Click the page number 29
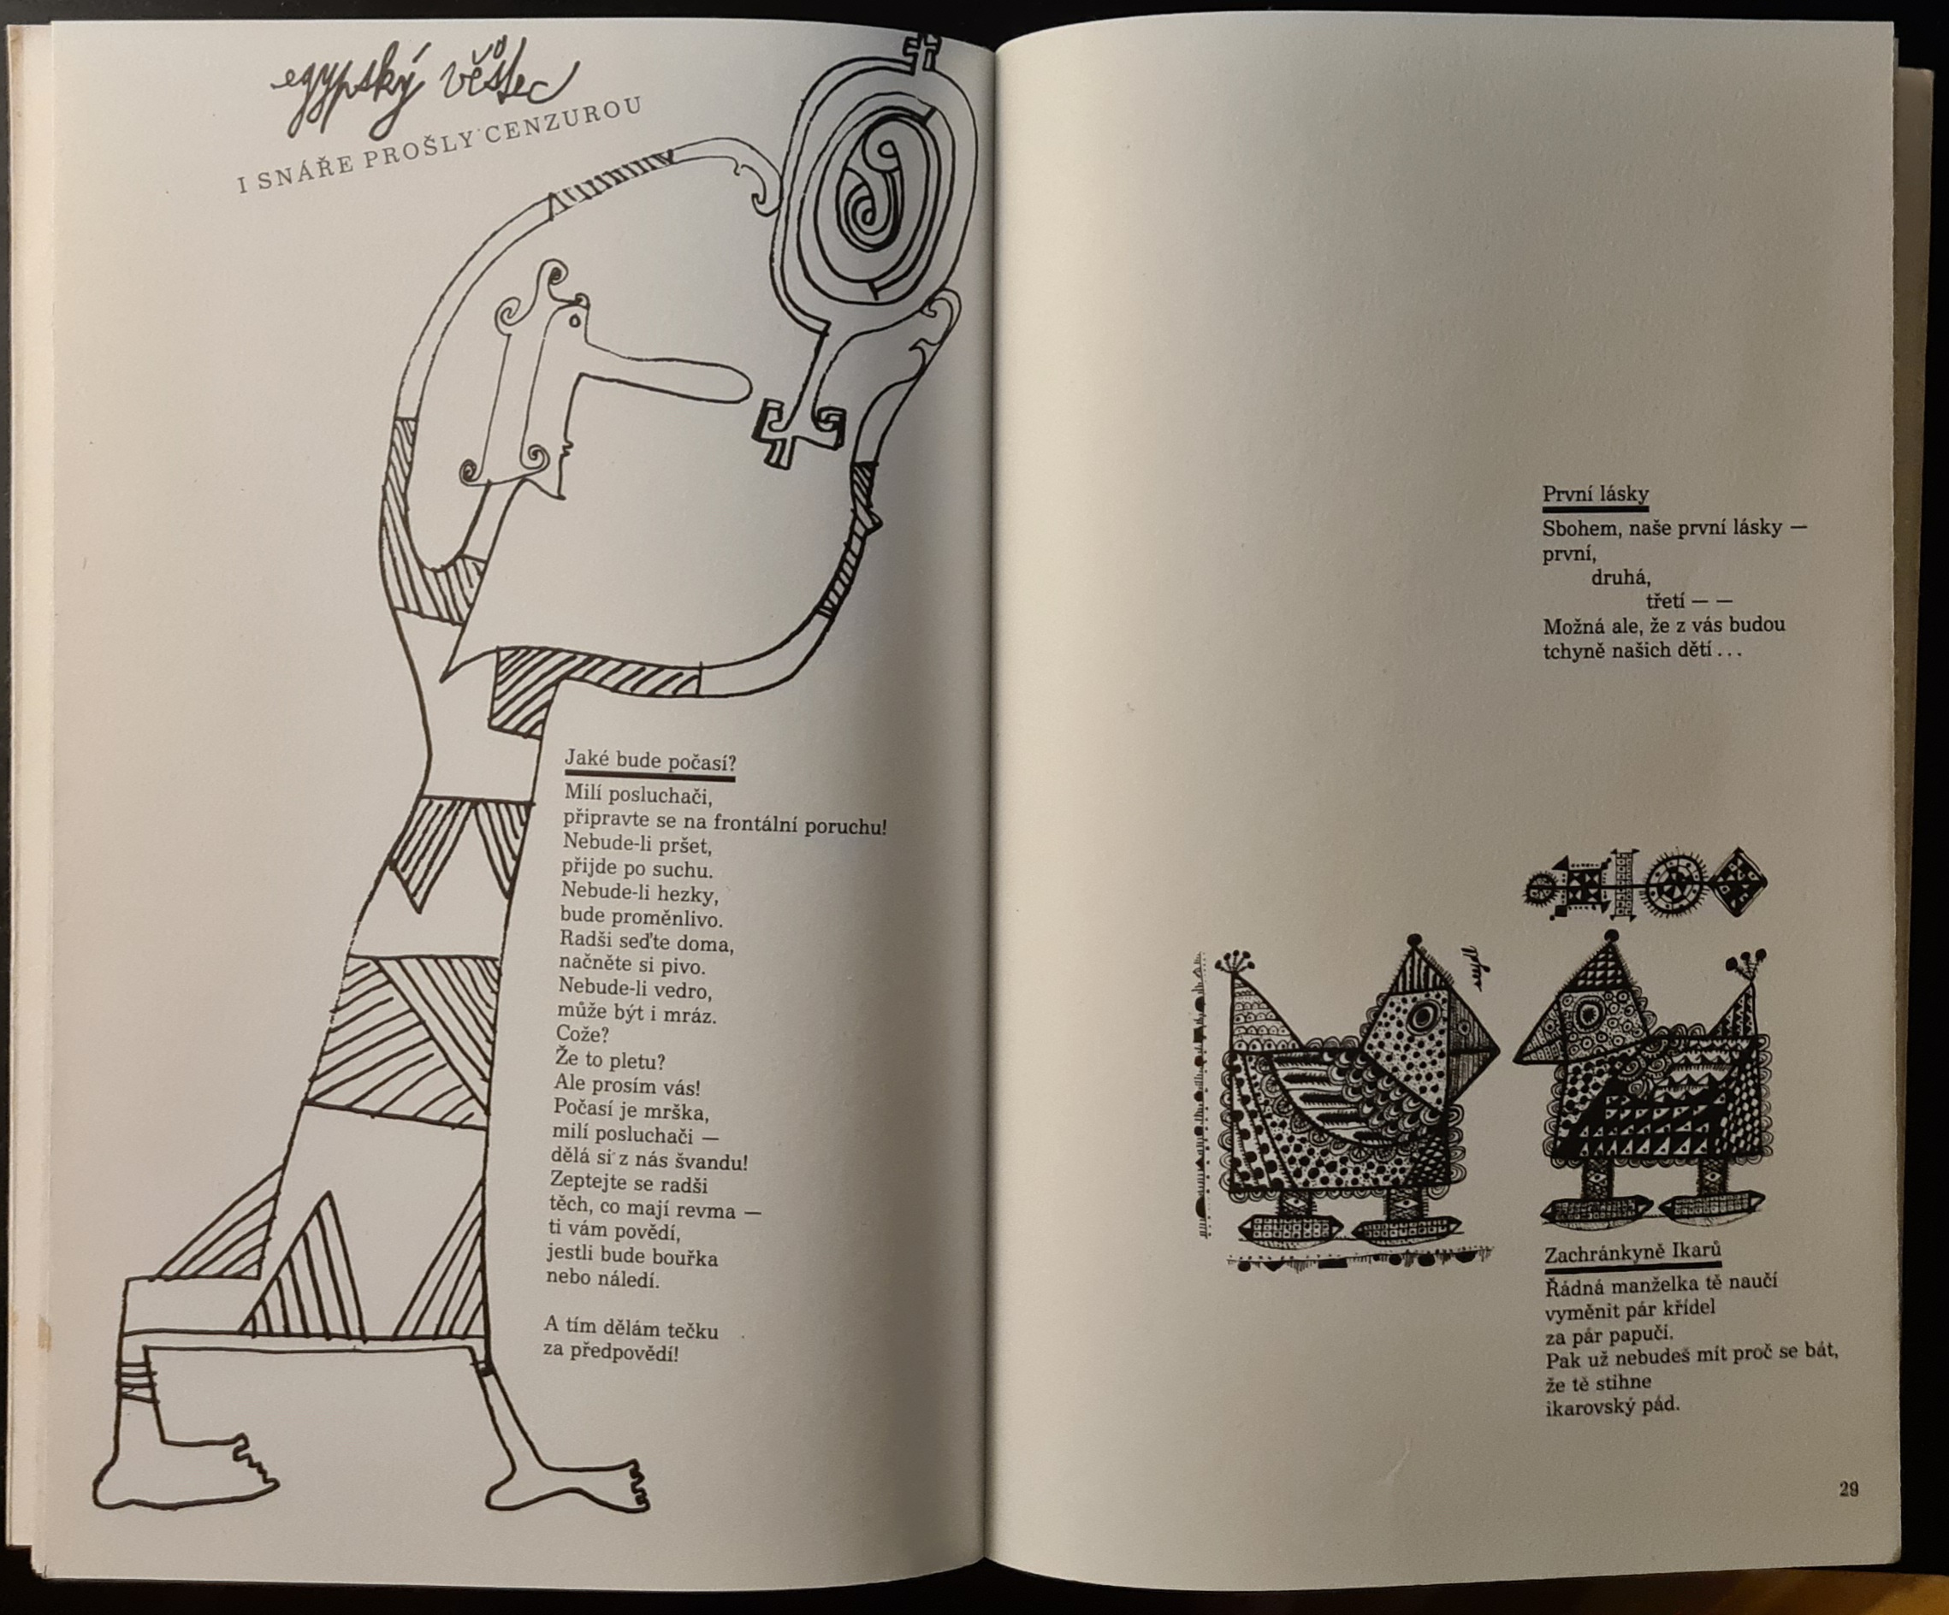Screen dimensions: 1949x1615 click(1849, 1490)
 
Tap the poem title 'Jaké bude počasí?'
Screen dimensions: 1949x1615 click(649, 763)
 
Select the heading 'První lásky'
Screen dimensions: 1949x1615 click(1596, 494)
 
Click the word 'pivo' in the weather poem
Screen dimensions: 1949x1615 click(682, 967)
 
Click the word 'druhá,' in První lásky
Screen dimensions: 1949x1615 click(1620, 577)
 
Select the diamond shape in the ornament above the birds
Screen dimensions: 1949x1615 click(1738, 883)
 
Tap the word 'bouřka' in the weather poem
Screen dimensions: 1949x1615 click(684, 1257)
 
